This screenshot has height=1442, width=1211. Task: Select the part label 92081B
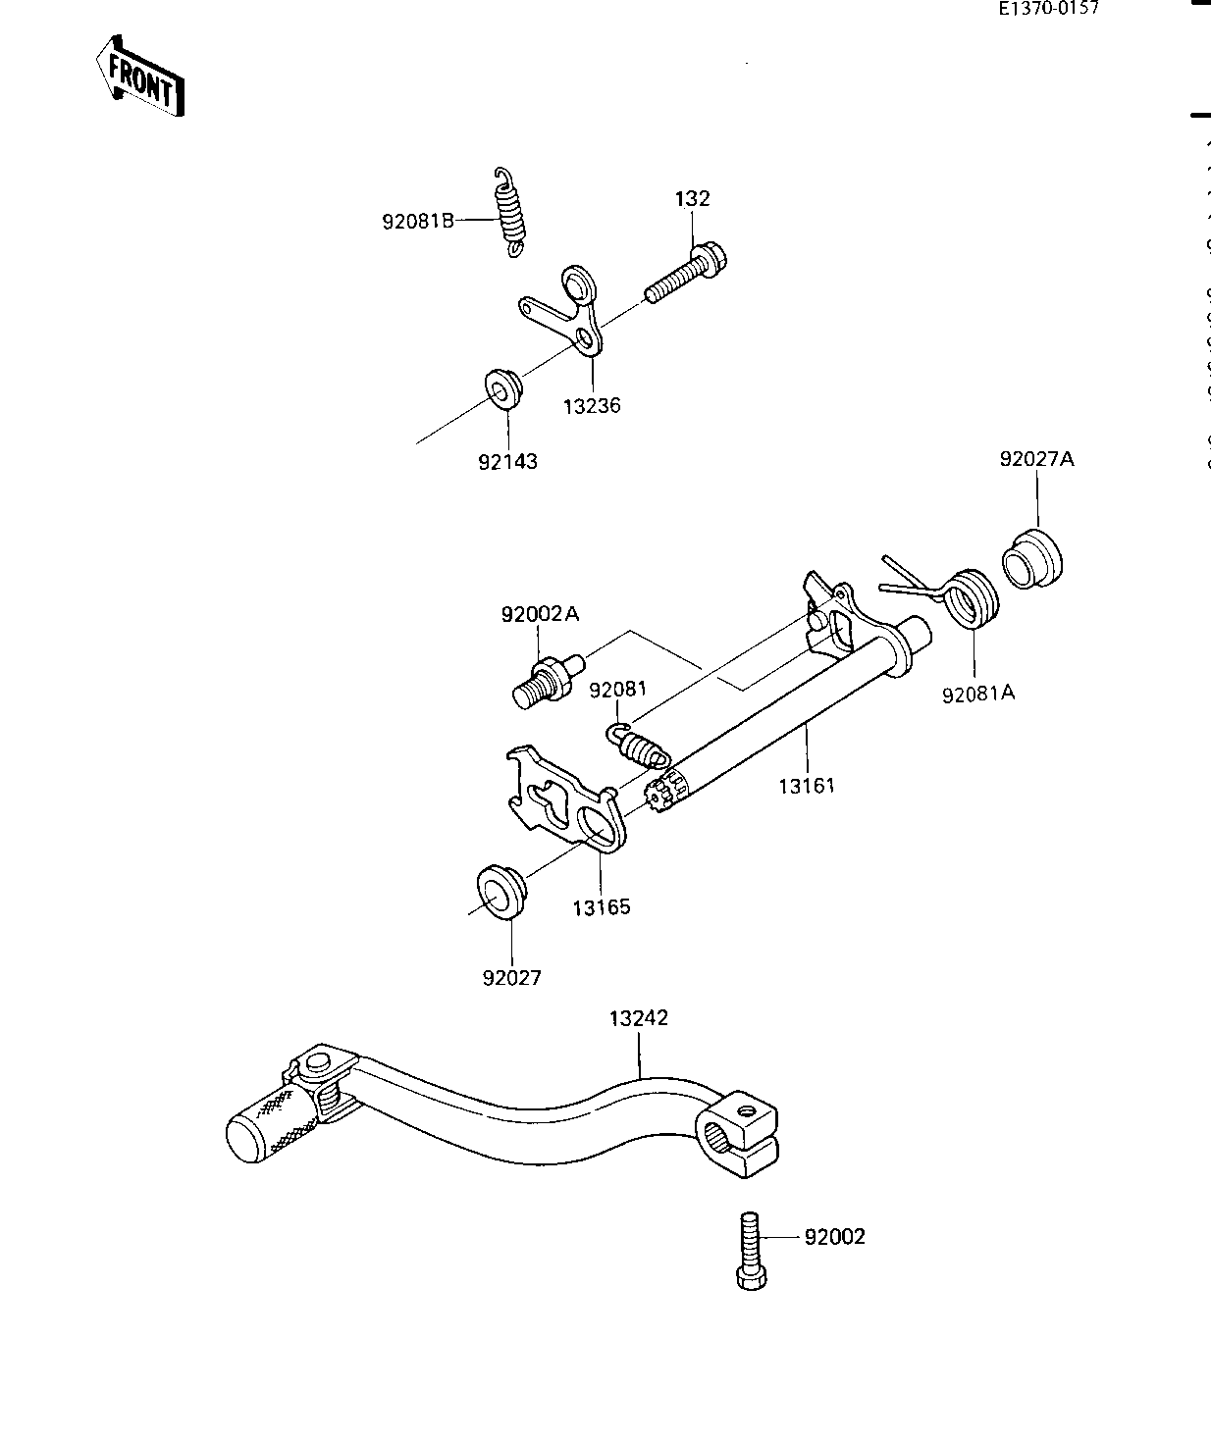tap(418, 221)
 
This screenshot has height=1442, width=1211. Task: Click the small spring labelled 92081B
tap(509, 212)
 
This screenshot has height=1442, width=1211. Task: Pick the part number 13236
tap(592, 405)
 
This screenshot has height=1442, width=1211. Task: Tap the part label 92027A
tap(1037, 458)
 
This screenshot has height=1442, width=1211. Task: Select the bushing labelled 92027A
tap(1032, 560)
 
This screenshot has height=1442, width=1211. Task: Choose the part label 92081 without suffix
tap(618, 690)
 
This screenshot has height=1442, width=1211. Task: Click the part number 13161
tap(807, 785)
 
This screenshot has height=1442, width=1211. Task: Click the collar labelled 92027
tap(501, 892)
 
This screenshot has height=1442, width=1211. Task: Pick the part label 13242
tap(638, 1018)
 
